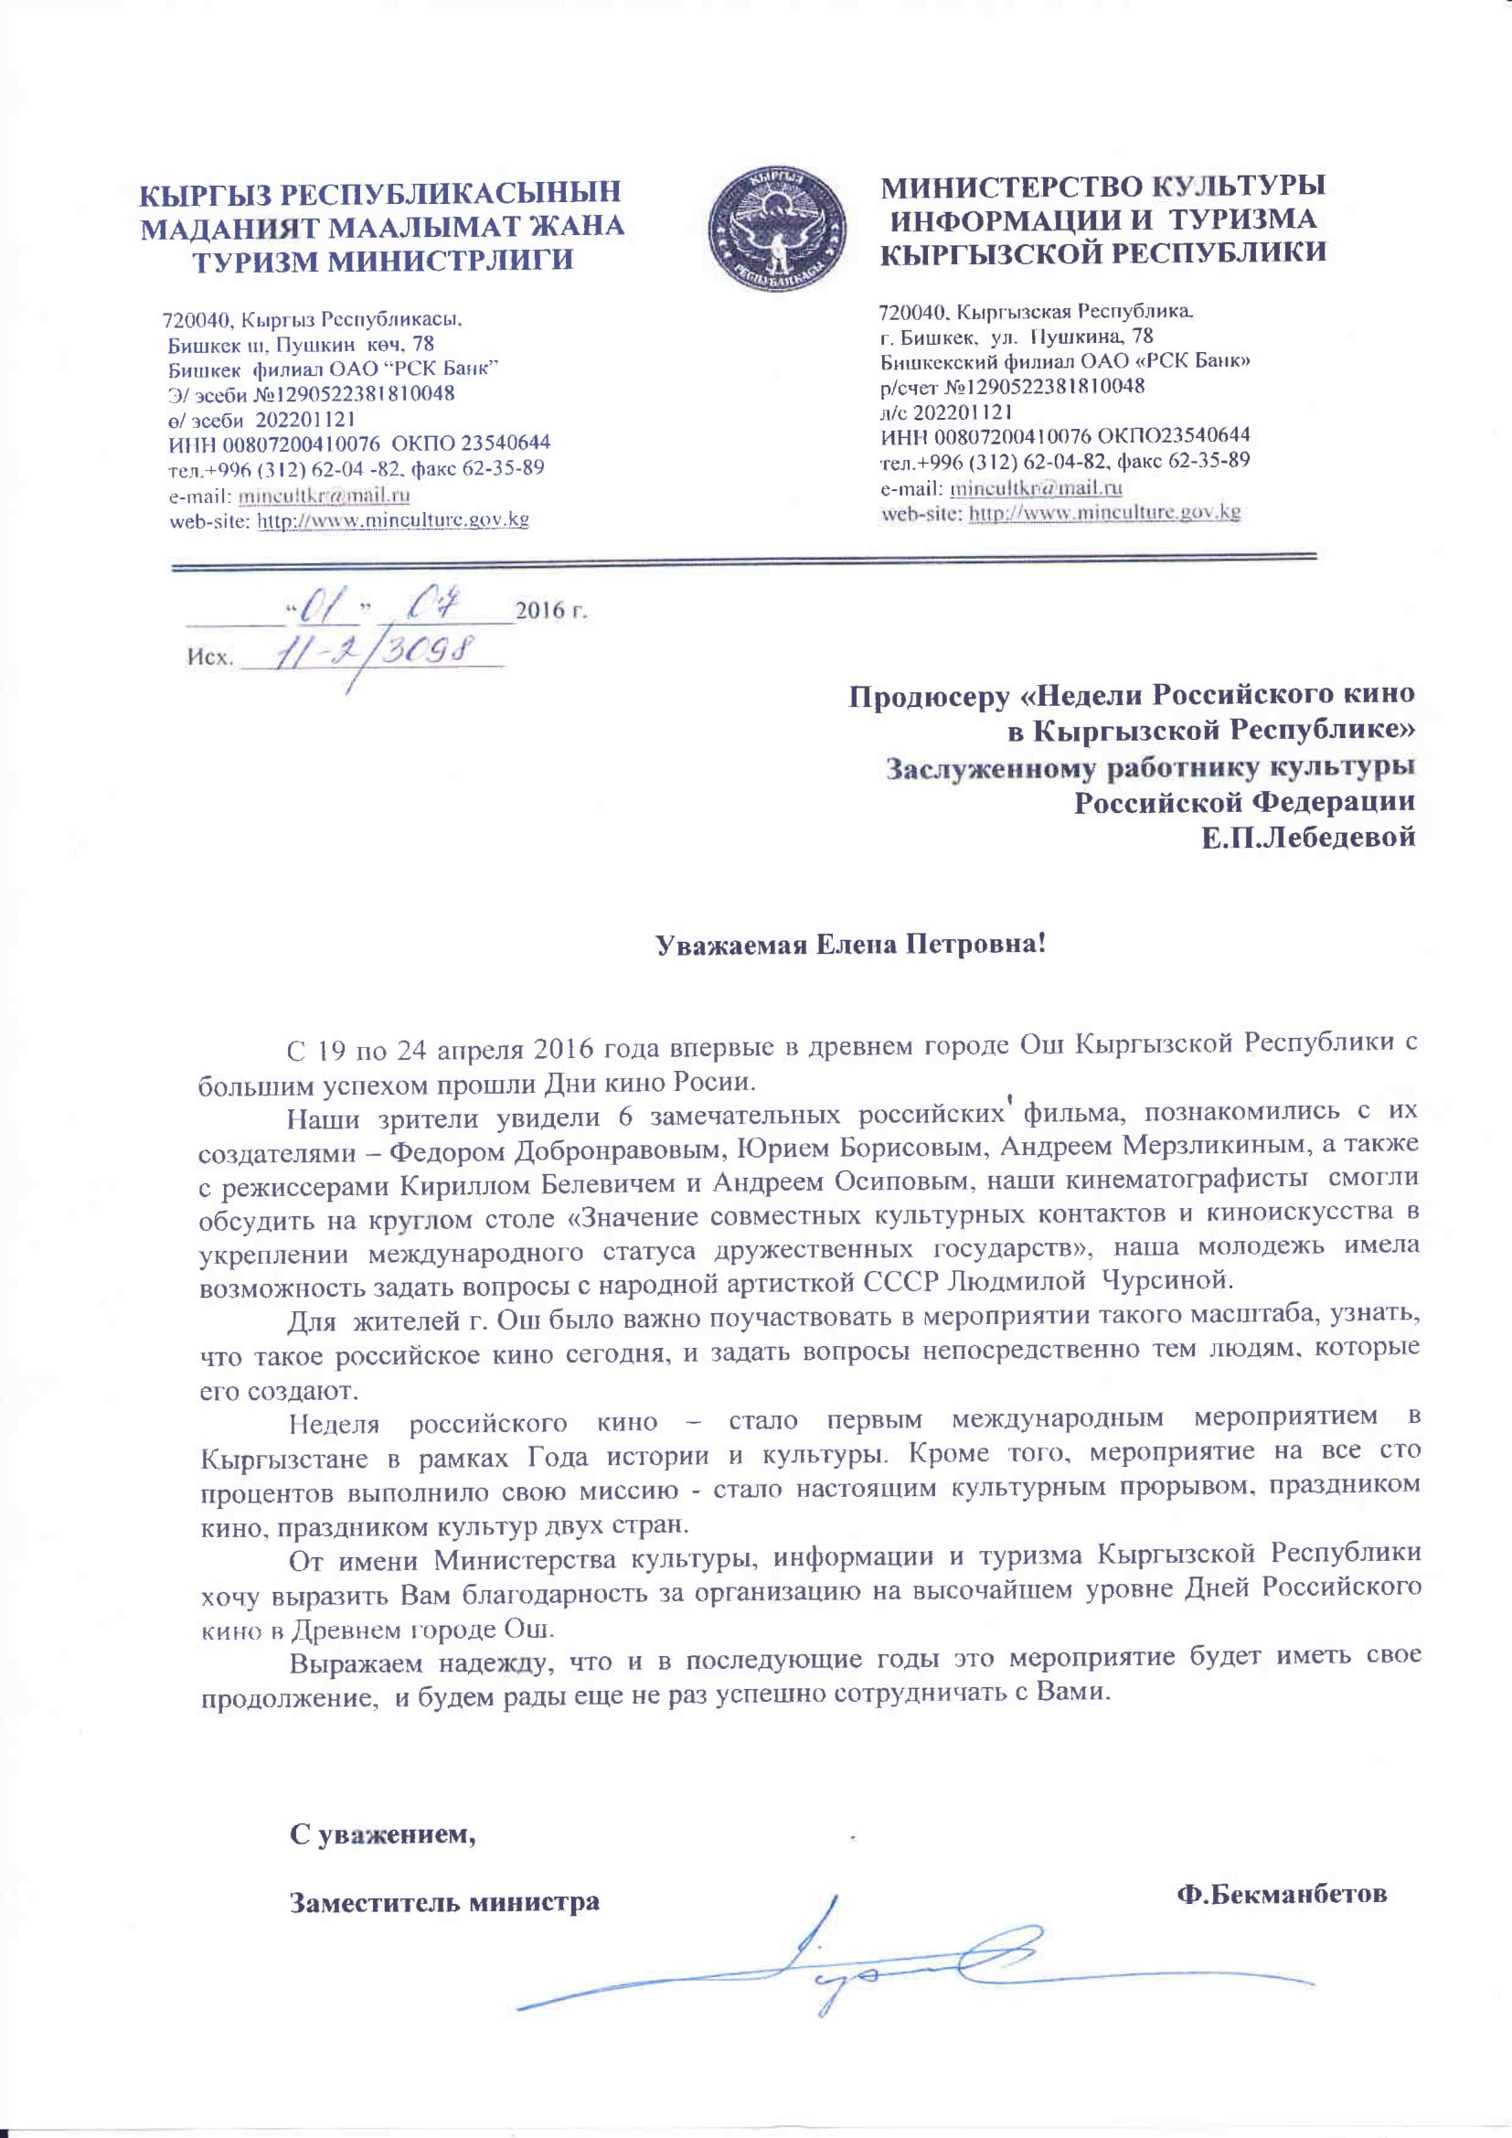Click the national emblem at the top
coord(777,226)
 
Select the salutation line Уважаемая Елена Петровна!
coord(851,946)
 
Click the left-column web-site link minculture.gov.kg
coord(392,519)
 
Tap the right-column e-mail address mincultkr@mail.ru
coord(1036,487)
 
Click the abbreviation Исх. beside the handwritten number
coord(208,657)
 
